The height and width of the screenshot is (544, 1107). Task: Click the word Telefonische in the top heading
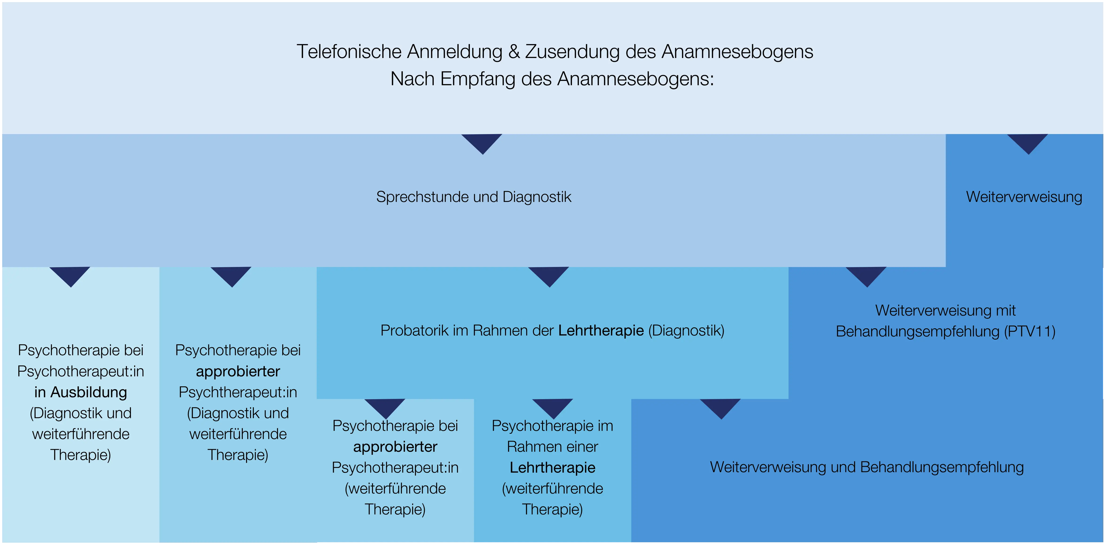pos(349,52)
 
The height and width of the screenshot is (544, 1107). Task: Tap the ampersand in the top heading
pos(514,52)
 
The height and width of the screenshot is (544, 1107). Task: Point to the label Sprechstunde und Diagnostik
pos(474,197)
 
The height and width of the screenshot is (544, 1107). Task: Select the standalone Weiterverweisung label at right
pos(1024,197)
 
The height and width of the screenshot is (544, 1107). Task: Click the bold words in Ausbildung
pos(81,392)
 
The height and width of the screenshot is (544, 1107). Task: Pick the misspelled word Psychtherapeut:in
pos(238,392)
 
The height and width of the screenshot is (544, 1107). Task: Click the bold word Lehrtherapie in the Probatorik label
pos(601,330)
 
